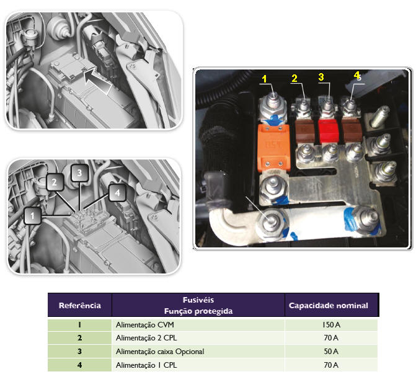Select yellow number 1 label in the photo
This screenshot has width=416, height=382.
pyautogui.click(x=264, y=79)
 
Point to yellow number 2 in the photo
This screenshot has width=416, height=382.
pyautogui.click(x=295, y=78)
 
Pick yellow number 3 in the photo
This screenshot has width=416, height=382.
pyautogui.click(x=321, y=77)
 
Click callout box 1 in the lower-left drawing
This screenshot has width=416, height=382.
pyautogui.click(x=32, y=216)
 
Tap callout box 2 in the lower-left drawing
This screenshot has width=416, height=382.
pyautogui.click(x=55, y=182)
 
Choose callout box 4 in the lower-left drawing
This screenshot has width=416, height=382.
pyautogui.click(x=116, y=193)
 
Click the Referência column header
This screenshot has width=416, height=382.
pyautogui.click(x=79, y=305)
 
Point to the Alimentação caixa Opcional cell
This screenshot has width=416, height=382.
pyautogui.click(x=159, y=352)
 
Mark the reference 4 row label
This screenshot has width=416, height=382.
pyautogui.click(x=79, y=365)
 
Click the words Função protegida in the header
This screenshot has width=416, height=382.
pyautogui.click(x=198, y=311)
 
